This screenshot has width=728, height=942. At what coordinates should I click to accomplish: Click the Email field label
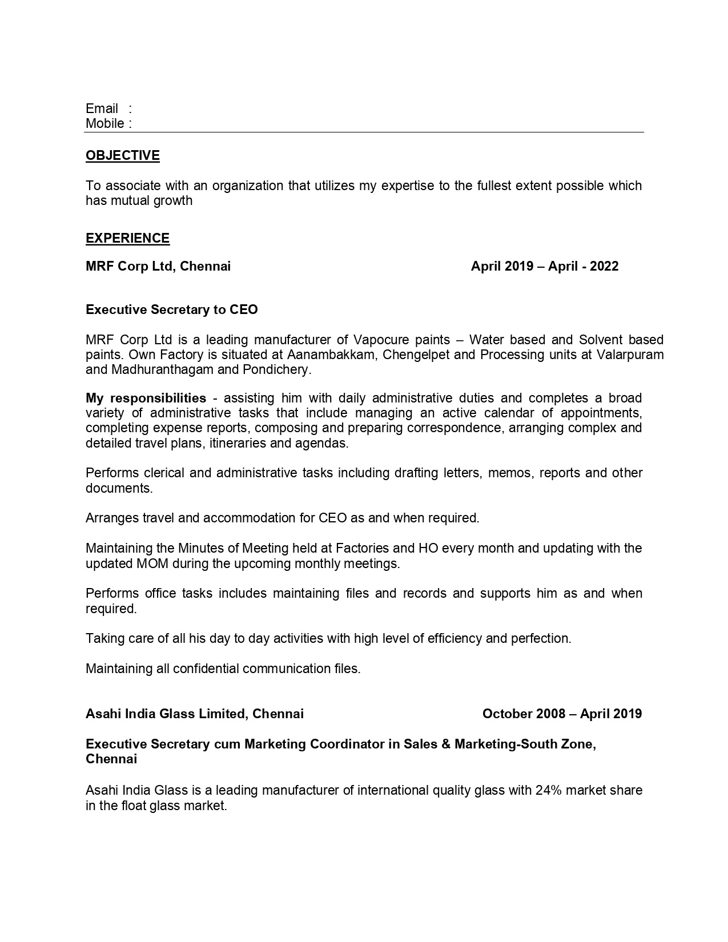click(x=102, y=108)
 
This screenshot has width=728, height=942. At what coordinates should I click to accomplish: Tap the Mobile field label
click(x=105, y=123)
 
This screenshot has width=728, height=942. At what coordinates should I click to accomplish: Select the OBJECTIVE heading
click(x=123, y=155)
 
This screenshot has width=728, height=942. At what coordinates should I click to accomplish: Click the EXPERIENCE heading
click(x=127, y=238)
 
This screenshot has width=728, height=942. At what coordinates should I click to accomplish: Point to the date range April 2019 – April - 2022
click(x=544, y=266)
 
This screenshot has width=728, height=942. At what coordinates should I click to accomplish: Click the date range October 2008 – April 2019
click(x=562, y=714)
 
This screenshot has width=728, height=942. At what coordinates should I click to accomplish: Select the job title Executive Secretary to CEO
click(x=172, y=309)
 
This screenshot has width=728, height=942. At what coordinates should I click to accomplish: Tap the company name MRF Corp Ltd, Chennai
click(x=158, y=266)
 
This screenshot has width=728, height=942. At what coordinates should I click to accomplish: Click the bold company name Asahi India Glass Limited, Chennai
click(x=195, y=714)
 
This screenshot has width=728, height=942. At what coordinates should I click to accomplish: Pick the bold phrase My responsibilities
click(x=146, y=397)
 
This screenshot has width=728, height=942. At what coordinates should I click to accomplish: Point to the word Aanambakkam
click(x=332, y=355)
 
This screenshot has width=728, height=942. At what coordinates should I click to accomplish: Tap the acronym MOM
click(x=151, y=563)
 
